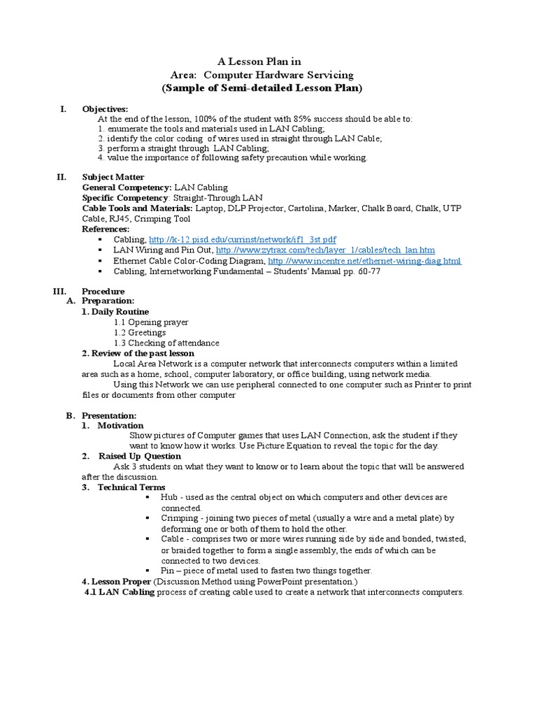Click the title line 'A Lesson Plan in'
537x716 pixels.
(262, 62)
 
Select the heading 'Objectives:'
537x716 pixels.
(105, 109)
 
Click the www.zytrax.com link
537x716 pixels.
(325, 250)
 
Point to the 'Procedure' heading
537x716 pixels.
(103, 291)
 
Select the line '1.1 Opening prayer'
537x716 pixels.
(151, 322)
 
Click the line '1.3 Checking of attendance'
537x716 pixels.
(166, 343)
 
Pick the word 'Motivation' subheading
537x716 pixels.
(120, 425)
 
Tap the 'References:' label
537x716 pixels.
(106, 229)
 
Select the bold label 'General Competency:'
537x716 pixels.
(127, 188)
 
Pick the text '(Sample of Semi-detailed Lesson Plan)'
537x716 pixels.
(262, 88)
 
